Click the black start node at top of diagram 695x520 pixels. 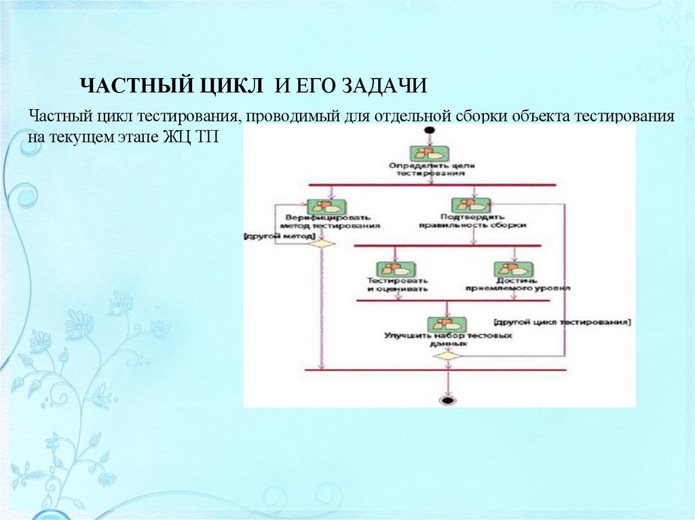pyautogui.click(x=428, y=130)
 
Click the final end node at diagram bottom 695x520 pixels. pyautogui.click(x=446, y=400)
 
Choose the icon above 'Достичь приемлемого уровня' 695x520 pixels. pyautogui.click(x=513, y=269)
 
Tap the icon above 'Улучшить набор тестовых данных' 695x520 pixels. pyautogui.click(x=446, y=324)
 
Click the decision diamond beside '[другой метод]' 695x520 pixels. pyautogui.click(x=322, y=243)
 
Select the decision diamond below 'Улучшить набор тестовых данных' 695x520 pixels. pyautogui.click(x=447, y=355)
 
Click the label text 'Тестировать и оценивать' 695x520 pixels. pyautogui.click(x=397, y=284)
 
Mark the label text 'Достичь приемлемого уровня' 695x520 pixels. pyautogui.click(x=518, y=284)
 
